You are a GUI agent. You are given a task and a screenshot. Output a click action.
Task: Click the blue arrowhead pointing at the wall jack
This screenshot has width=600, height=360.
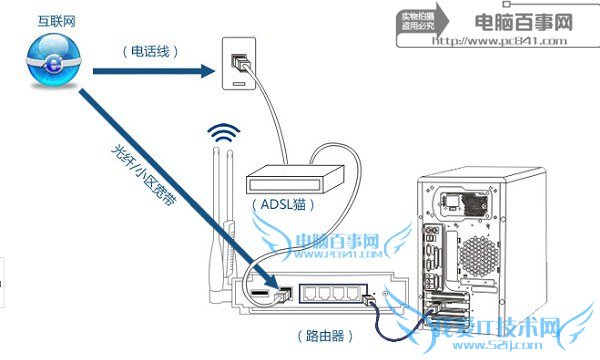coord(211,71)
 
